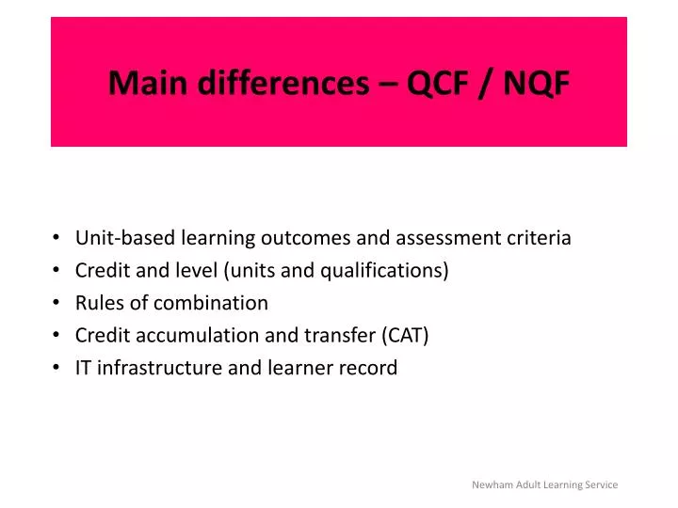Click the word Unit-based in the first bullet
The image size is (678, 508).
point(121,238)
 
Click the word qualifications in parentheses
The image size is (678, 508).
point(386,271)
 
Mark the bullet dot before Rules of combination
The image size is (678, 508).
point(58,304)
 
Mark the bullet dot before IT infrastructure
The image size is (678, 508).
point(58,369)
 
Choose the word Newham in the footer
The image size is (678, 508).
point(492,484)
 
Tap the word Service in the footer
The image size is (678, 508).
point(600,484)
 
